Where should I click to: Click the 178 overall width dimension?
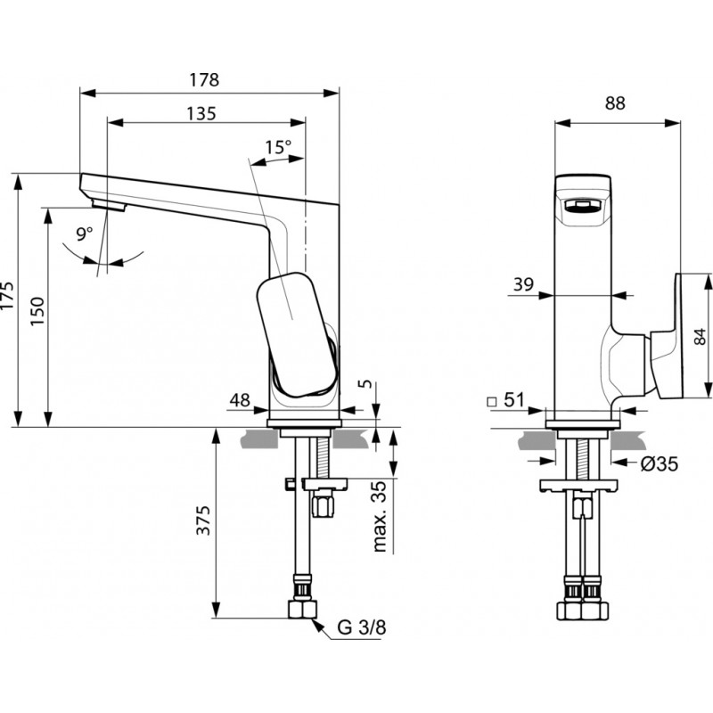(x=204, y=80)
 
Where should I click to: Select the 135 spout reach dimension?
(x=201, y=114)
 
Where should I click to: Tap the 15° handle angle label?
(x=278, y=147)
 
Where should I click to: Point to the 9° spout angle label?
(x=84, y=234)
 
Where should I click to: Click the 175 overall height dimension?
(x=8, y=296)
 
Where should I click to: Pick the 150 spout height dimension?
(x=37, y=310)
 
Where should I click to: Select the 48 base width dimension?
(x=240, y=400)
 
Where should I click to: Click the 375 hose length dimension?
(x=203, y=520)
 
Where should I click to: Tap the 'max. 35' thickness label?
(x=380, y=516)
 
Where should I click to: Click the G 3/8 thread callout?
(x=362, y=627)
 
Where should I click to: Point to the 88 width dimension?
(x=615, y=103)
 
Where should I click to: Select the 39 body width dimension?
(x=523, y=284)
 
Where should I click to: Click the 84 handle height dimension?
(x=701, y=337)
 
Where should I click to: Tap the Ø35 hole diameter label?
(x=660, y=464)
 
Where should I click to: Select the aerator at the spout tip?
(x=109, y=205)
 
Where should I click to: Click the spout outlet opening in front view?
(x=582, y=207)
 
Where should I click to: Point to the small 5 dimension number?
(x=365, y=384)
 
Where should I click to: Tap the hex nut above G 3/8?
(x=302, y=610)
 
